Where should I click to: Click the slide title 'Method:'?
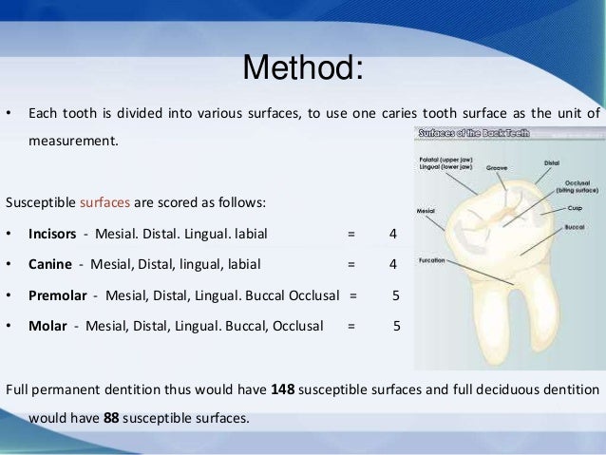[303, 68]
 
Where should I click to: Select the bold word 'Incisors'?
[53, 233]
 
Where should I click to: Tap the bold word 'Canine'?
[49, 263]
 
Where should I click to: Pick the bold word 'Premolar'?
[58, 294]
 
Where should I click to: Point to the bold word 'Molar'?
[47, 325]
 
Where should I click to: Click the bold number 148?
[282, 389]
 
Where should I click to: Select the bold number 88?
[110, 416]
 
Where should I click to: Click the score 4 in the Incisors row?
[392, 233]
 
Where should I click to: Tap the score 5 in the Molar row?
[397, 325]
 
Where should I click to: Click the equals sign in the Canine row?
[351, 263]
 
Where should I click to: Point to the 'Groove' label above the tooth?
[496, 167]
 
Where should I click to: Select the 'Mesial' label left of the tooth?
[426, 210]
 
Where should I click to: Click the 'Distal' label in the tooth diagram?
[551, 162]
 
